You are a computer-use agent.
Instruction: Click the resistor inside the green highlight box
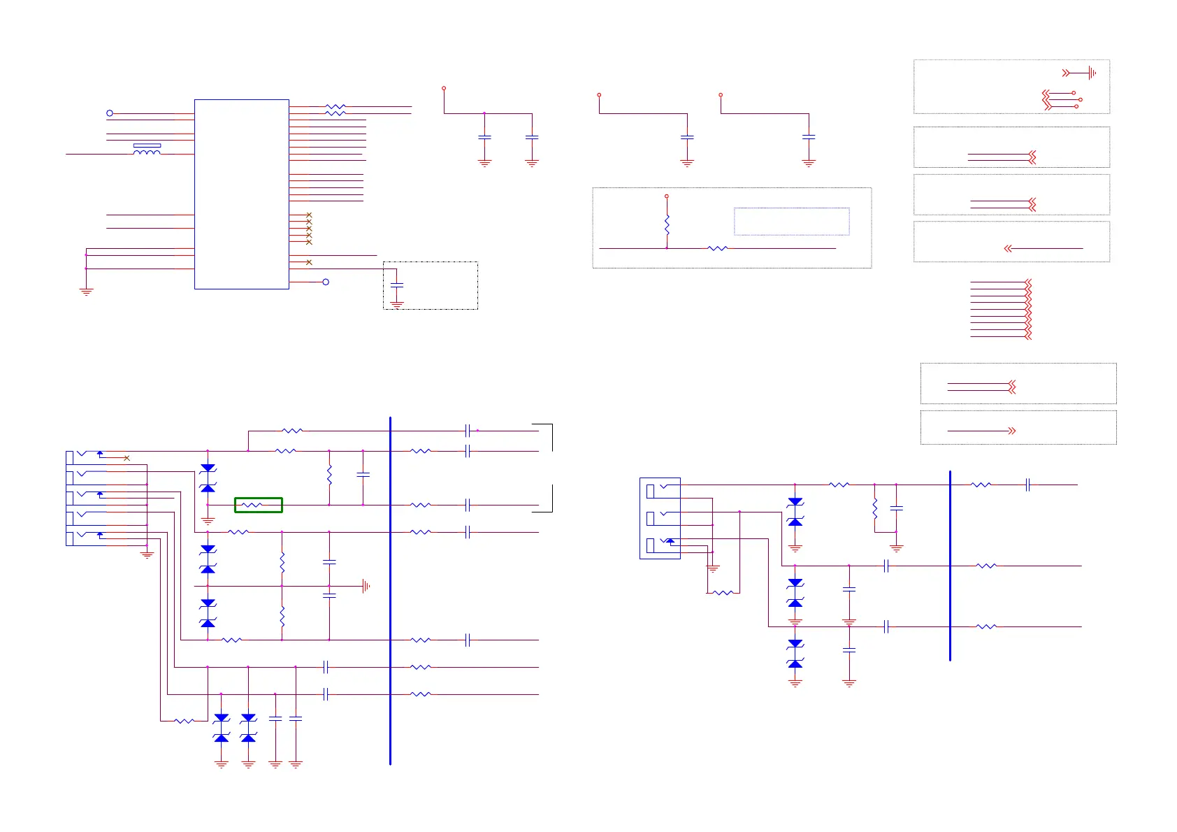pyautogui.click(x=252, y=505)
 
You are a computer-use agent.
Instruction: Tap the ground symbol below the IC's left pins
pyautogui.click(x=86, y=291)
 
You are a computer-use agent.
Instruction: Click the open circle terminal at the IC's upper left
pyautogui.click(x=110, y=113)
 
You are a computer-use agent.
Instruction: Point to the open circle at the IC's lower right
pyautogui.click(x=326, y=282)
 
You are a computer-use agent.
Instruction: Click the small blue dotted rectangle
pyautogui.click(x=791, y=221)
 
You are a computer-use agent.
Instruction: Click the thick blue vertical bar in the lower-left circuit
pyautogui.click(x=390, y=591)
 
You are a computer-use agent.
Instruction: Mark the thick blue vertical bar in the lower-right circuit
pyautogui.click(x=950, y=565)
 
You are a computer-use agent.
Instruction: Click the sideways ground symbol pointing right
pyautogui.click(x=366, y=586)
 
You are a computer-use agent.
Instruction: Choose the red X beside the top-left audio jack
pyautogui.click(x=127, y=458)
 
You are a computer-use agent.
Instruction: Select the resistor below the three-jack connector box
pyautogui.click(x=723, y=593)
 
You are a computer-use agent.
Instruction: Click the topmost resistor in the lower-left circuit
pyautogui.click(x=292, y=431)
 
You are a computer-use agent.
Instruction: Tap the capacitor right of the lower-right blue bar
pyautogui.click(x=1027, y=485)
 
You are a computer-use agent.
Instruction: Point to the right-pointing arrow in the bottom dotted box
pyautogui.click(x=1011, y=431)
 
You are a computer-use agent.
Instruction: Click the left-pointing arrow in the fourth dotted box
pyautogui.click(x=1008, y=248)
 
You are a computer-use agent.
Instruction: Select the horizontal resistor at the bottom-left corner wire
pyautogui.click(x=184, y=721)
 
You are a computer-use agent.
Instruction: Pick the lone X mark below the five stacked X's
pyautogui.click(x=309, y=262)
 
